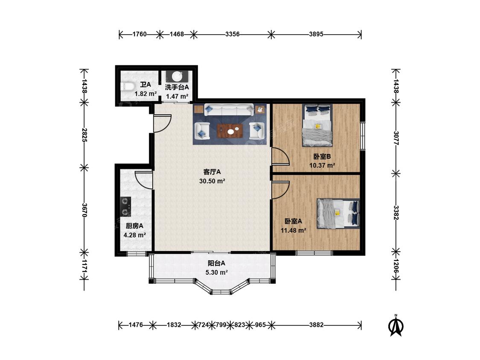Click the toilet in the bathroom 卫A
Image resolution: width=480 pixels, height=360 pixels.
pos(127,86)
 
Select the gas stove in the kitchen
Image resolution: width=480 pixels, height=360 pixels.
pos(125,206)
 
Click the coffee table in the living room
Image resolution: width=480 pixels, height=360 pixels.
pos(230,131)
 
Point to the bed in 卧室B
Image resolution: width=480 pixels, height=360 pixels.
pos(317,125)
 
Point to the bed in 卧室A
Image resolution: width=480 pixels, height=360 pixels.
pos(338,214)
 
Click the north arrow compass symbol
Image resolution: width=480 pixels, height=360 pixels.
pos(396,326)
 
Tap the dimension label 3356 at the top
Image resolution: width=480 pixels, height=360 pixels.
pos(233,34)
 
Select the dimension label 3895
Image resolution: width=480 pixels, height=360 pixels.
pos(316,34)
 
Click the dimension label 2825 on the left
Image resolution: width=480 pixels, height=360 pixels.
pos(84,135)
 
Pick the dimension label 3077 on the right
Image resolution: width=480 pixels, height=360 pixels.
pos(396,138)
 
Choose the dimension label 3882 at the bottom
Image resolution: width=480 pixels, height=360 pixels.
pos(316,325)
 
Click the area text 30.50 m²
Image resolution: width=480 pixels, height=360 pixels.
pos(212,181)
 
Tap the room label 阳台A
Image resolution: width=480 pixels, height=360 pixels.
pos(216,263)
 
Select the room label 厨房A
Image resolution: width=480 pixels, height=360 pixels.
pos(134,226)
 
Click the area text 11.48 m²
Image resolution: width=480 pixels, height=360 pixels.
pos(294,230)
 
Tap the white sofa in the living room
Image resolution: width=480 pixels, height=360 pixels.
pos(229,110)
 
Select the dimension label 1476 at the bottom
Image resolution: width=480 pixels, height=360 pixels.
pos(136,325)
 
